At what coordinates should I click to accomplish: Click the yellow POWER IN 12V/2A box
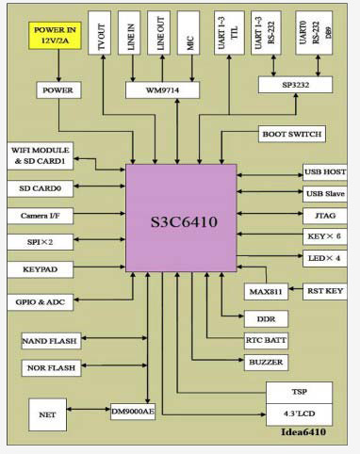tap(57, 36)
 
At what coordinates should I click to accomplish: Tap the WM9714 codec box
tap(161, 89)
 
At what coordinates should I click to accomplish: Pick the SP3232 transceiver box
tap(296, 84)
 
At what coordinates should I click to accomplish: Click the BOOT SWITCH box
tap(292, 134)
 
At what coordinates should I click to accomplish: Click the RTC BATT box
tap(259, 339)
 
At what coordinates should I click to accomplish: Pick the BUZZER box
tap(259, 361)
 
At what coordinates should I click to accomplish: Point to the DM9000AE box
tap(133, 412)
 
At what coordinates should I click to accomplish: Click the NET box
tap(47, 413)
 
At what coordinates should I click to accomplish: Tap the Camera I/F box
tap(41, 215)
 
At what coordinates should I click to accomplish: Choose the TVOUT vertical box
tap(102, 36)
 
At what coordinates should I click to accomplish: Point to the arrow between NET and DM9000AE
tap(92, 412)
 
